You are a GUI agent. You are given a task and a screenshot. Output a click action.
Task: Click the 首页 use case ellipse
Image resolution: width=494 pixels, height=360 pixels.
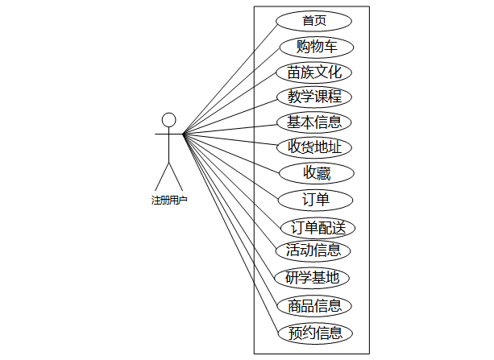point(313,21)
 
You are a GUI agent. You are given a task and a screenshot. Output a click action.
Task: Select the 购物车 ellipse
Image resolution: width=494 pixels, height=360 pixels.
point(316,46)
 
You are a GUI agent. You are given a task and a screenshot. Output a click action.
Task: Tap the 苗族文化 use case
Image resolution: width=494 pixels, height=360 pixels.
point(314,72)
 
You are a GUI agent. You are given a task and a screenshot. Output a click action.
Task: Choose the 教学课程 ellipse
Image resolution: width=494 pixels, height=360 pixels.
point(314,97)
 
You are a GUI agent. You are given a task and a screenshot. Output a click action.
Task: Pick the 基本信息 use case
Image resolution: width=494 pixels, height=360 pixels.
point(314,122)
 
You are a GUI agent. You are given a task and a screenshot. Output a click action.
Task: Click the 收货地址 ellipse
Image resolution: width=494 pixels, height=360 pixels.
point(314,147)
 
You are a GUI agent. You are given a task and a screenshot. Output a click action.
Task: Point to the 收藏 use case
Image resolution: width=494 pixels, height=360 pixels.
point(317,172)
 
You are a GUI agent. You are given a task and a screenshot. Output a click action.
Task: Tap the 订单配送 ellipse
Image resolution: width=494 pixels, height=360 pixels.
point(318,227)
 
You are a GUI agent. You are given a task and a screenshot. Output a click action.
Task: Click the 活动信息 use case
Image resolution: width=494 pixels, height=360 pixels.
point(313,250)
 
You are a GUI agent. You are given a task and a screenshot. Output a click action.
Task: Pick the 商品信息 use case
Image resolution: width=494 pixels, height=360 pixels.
point(314,305)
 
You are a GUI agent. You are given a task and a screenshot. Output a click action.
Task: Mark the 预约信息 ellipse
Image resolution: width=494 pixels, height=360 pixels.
point(314,333)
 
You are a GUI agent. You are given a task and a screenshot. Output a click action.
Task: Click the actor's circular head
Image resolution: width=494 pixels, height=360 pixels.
point(168,120)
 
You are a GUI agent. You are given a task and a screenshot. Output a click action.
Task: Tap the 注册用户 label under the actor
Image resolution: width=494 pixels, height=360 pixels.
point(169,200)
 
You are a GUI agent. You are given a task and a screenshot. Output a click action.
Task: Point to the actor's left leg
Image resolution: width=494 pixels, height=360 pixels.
point(162,176)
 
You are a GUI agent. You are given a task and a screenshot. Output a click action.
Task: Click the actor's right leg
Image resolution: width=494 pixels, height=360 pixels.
point(176,176)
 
